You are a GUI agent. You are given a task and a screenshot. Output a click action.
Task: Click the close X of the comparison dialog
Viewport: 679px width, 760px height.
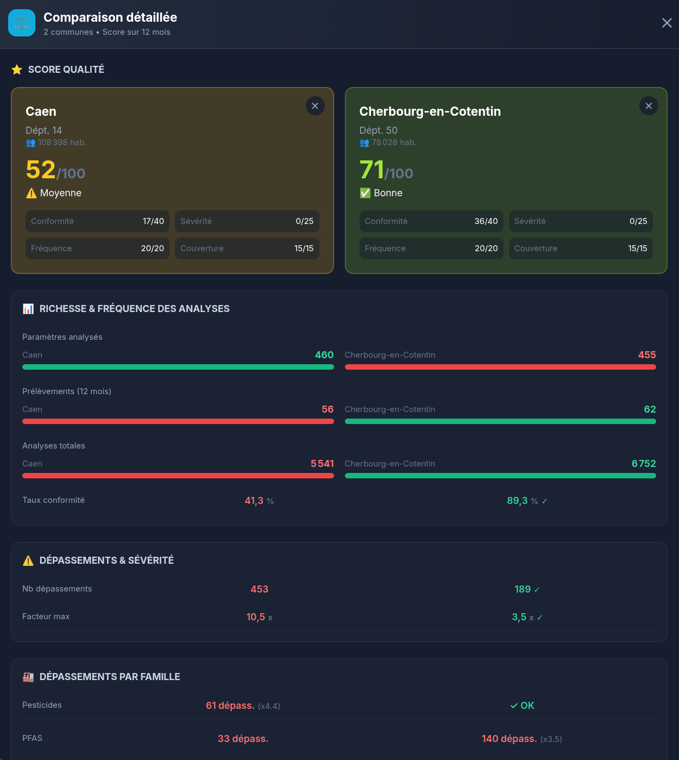pos(667,23)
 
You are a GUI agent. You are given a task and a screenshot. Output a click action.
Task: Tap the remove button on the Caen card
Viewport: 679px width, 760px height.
pos(315,106)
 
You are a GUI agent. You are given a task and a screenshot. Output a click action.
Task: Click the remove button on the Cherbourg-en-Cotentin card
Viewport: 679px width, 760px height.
pos(649,106)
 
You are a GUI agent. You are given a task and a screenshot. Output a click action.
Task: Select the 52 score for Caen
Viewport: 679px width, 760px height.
pos(41,170)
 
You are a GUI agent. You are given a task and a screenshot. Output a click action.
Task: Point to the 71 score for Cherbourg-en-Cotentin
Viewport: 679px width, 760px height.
pos(372,170)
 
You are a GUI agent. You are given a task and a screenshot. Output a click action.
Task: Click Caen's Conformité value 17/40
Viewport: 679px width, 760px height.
pos(153,221)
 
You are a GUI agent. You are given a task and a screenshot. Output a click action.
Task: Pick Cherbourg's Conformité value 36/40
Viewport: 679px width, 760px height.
pos(486,221)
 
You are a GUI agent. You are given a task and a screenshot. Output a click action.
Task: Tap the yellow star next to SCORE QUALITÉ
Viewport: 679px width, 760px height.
pos(17,70)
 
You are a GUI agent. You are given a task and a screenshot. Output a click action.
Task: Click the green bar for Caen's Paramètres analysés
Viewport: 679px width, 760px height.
pos(178,367)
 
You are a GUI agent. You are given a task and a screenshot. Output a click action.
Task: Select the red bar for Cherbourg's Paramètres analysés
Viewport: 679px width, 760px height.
pos(500,367)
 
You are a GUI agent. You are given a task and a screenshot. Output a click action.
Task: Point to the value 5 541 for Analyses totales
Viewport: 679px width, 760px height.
pos(322,464)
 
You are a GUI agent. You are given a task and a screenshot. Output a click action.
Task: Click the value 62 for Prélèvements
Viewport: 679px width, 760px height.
pos(650,409)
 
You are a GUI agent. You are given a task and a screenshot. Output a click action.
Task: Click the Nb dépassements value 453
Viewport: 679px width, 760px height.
pos(260,589)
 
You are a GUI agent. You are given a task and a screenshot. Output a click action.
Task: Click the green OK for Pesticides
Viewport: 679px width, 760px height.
pos(523,706)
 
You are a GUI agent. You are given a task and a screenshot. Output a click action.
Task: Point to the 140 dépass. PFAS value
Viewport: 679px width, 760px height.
pos(509,739)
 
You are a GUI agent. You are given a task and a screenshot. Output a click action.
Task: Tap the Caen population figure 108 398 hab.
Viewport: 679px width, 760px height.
pos(62,142)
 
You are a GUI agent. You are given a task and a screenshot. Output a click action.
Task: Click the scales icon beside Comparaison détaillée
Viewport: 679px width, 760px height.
pos(22,23)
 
